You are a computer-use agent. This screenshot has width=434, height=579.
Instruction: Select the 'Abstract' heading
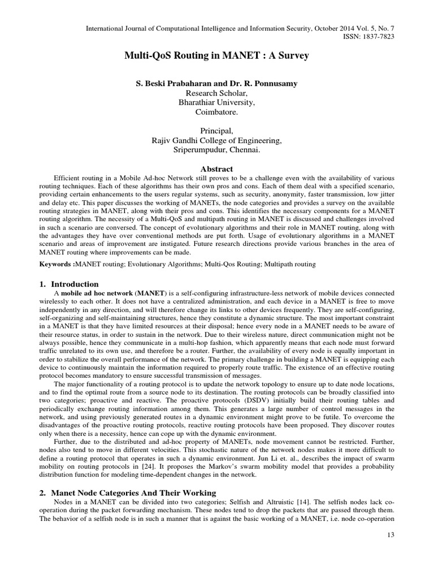point(217,168)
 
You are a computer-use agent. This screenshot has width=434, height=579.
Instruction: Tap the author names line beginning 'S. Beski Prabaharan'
point(217,84)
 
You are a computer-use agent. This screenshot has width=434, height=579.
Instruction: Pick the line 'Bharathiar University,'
point(217,103)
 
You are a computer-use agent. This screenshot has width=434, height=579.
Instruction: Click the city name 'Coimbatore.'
point(217,113)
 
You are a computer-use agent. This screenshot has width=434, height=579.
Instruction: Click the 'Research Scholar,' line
point(217,93)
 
